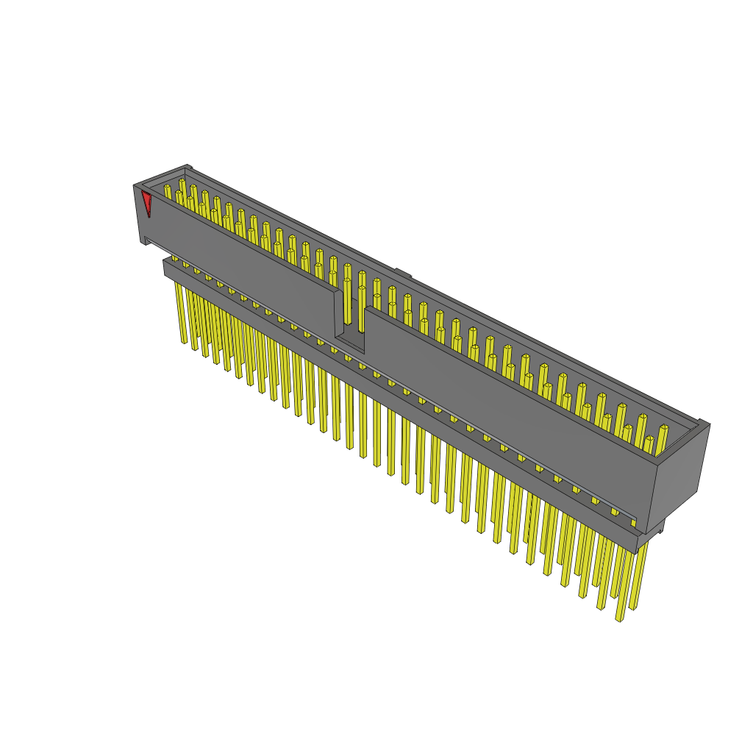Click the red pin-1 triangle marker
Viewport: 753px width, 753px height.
coord(147,201)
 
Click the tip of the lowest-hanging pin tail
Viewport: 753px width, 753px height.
coord(619,619)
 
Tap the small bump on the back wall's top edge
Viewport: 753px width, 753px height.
coord(402,273)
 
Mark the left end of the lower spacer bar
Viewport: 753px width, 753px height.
coord(167,268)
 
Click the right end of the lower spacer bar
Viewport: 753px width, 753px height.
coord(647,540)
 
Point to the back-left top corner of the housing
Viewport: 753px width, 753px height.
coord(188,167)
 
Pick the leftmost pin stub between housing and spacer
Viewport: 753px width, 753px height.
coord(174,258)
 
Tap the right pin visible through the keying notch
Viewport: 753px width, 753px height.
coord(362,309)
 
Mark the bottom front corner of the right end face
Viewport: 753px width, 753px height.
coord(646,532)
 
